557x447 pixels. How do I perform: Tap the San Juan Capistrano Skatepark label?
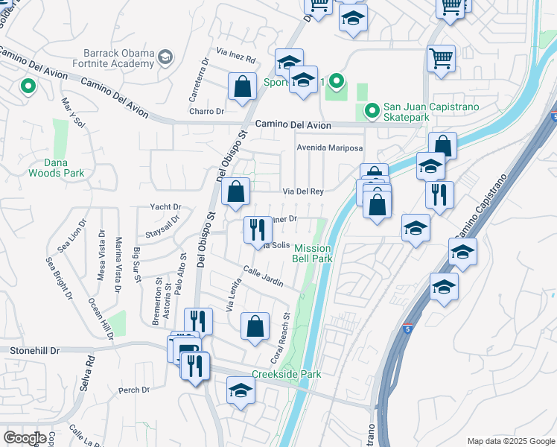pos(430,112)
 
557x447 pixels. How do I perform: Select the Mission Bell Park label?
pos(313,253)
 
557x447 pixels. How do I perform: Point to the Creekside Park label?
pos(286,374)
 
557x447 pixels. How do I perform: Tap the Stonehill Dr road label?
pos(36,349)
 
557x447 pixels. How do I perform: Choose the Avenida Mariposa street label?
pos(330,148)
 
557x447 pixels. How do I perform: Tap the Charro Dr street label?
pos(207,112)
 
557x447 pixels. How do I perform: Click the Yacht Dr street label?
pos(166,207)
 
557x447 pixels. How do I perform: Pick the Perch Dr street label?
pos(134,390)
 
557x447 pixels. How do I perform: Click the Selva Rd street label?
pos(86,373)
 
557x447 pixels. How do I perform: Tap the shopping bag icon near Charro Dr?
pos(243,87)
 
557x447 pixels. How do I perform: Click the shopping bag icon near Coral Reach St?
pos(255,326)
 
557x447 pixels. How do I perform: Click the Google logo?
pos(25,438)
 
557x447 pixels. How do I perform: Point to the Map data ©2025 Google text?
pos(511,441)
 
